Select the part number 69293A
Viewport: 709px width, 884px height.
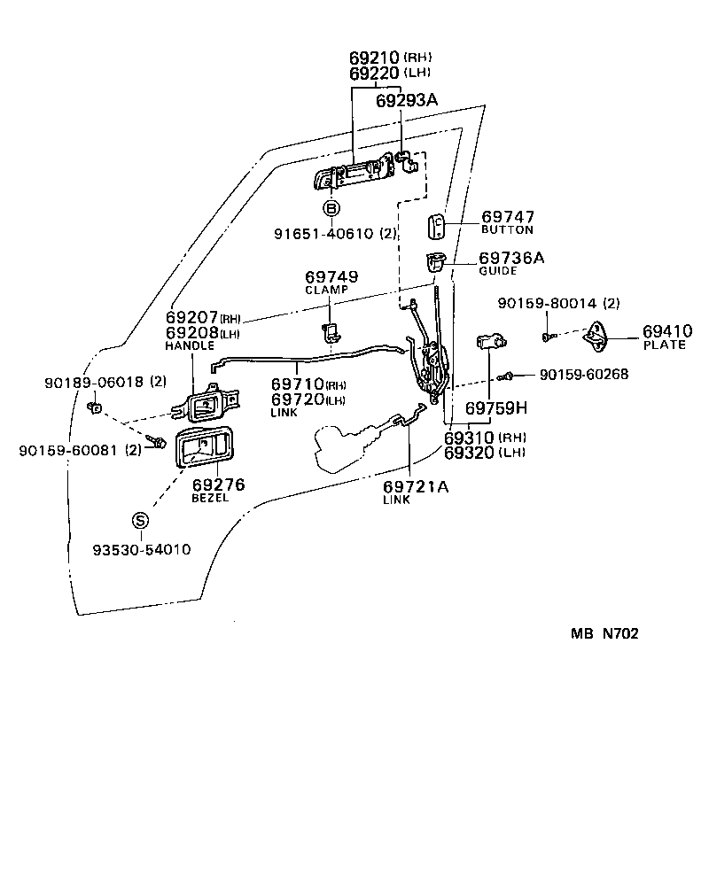[407, 101]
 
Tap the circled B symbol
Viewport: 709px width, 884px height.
[331, 209]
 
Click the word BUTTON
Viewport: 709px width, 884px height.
[507, 229]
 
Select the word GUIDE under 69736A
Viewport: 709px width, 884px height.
[497, 271]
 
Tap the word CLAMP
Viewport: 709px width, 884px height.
[327, 290]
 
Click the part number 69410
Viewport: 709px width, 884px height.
[667, 331]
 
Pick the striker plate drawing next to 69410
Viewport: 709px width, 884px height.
[606, 337]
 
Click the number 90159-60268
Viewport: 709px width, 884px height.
[584, 375]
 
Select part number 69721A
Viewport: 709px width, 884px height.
[416, 486]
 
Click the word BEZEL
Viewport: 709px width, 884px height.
[210, 498]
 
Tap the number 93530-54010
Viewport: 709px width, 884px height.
[142, 549]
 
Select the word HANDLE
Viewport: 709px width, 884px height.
[190, 345]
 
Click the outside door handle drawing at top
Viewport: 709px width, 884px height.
[353, 174]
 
